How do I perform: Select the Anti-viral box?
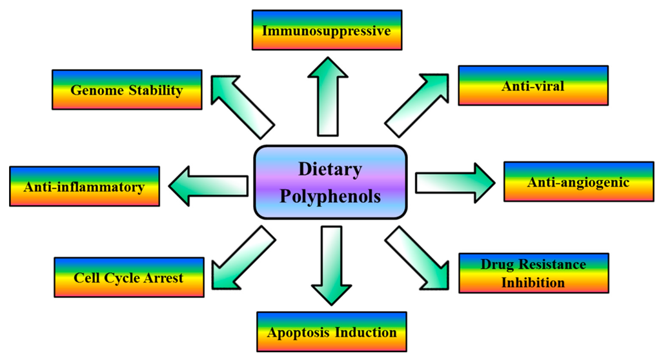tap(533, 85)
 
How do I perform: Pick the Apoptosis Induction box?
tap(332, 332)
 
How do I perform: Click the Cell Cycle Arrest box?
tap(128, 278)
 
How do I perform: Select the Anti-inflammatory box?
tap(84, 187)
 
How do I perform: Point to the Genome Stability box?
tap(126, 90)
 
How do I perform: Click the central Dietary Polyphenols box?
tap(330, 183)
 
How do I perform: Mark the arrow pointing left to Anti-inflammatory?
tap(207, 185)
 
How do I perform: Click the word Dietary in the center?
tap(330, 170)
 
